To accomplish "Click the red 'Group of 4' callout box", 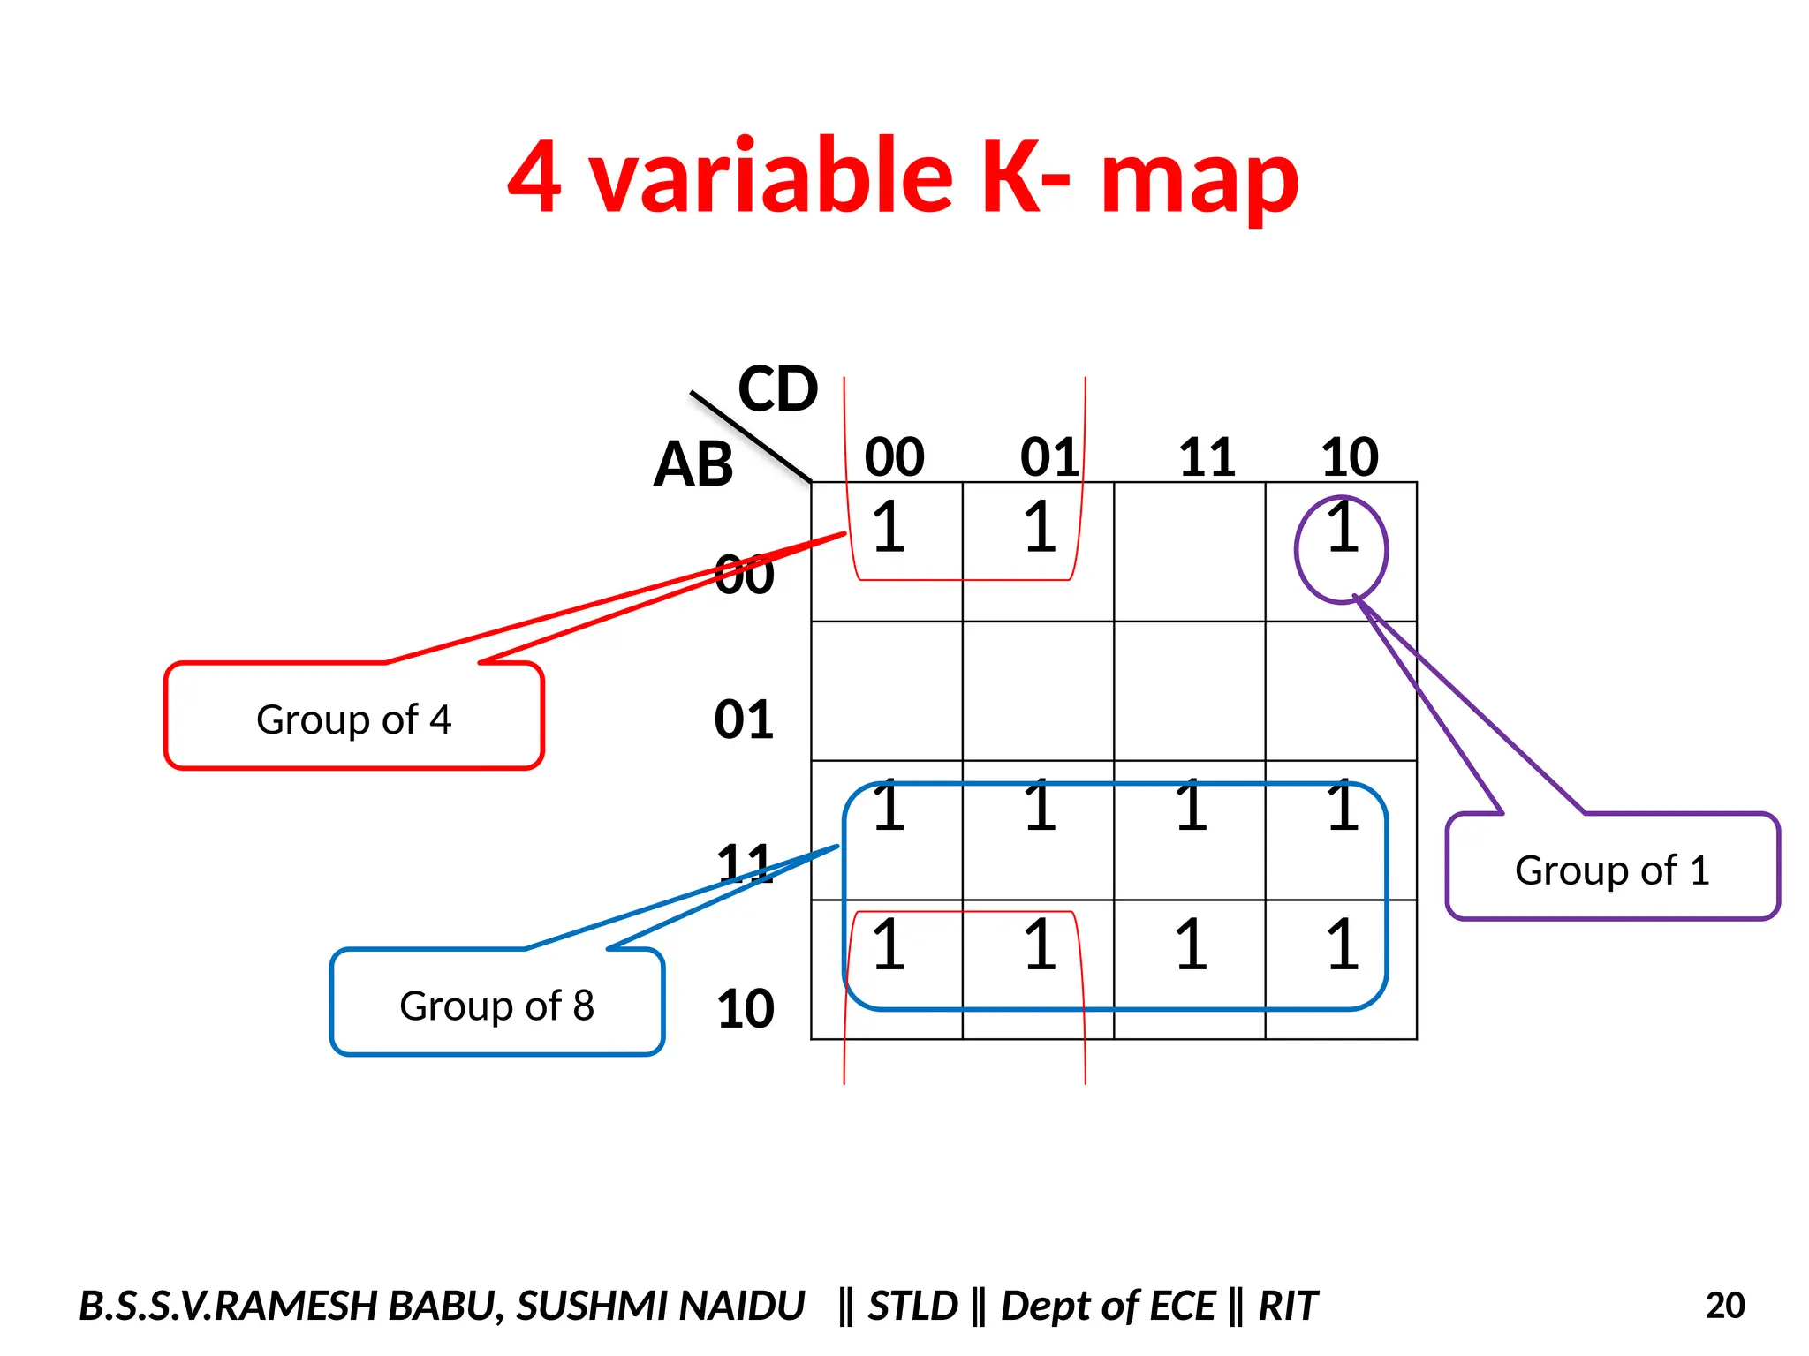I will click(353, 717).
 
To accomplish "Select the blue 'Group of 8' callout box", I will click(496, 1004).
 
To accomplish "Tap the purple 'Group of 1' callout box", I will click(1612, 869).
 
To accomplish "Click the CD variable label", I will click(777, 389).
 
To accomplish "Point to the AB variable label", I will click(693, 464).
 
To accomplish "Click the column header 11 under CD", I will click(1207, 457).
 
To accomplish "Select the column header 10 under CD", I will click(1349, 457).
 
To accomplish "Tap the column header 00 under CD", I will click(894, 457).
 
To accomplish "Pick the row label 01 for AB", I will click(744, 719).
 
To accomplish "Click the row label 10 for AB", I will click(745, 1008).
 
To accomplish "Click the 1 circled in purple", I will click(1343, 528).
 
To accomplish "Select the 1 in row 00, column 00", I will click(889, 528).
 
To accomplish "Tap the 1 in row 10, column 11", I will click(1191, 945).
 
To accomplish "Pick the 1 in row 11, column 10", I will click(1343, 807).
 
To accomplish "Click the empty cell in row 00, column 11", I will click(1190, 552).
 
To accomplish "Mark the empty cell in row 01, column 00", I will click(887, 691).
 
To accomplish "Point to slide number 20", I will click(1724, 1306).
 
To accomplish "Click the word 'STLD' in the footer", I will click(912, 1306).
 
